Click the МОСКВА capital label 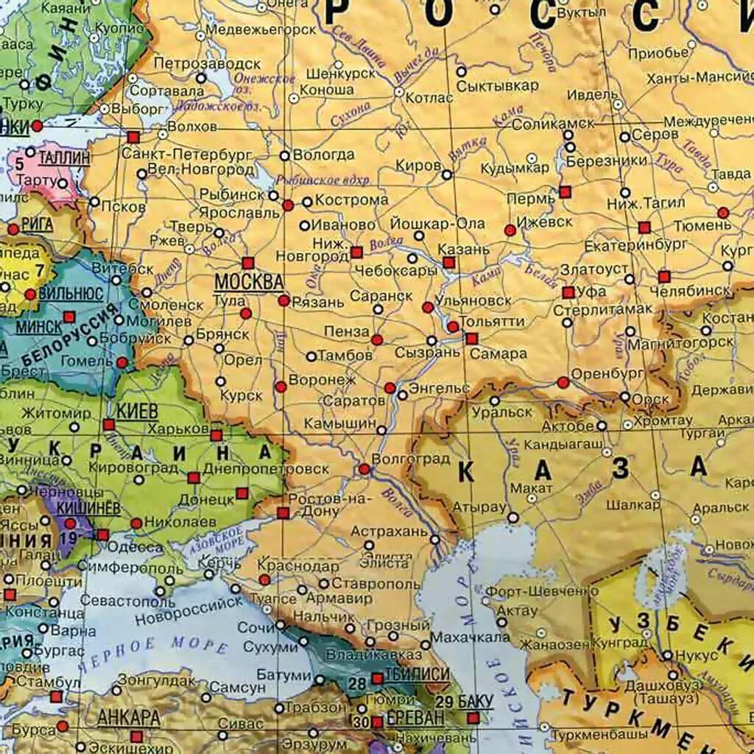(x=249, y=281)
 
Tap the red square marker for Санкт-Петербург (x=133, y=137)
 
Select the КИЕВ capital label (x=135, y=411)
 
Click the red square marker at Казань (x=448, y=262)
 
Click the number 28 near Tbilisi (x=357, y=684)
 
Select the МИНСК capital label (x=38, y=325)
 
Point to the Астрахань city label (x=389, y=530)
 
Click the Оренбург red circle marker (x=563, y=382)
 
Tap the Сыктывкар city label (x=497, y=85)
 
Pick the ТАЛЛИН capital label (x=64, y=158)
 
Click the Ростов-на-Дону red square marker (x=283, y=512)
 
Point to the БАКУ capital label (x=474, y=700)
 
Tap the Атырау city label (x=479, y=507)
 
